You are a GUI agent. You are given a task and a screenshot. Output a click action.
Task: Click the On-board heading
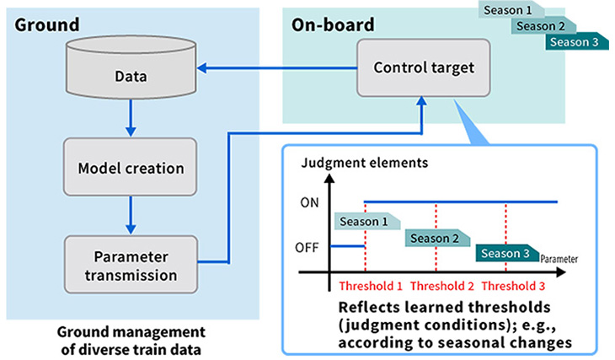pos(332,25)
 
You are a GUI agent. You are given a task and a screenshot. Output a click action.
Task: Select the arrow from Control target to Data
pos(279,72)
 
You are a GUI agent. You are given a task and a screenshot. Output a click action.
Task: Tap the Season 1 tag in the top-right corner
pos(509,10)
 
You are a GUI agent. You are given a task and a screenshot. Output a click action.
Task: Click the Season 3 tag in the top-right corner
pos(575,43)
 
